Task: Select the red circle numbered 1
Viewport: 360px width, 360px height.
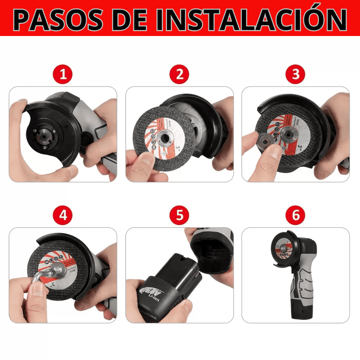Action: click(x=63, y=75)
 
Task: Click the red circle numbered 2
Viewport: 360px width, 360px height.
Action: click(x=180, y=75)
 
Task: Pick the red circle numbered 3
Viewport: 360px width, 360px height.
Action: click(x=296, y=75)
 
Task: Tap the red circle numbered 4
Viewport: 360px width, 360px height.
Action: click(x=63, y=216)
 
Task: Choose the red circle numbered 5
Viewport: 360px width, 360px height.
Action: click(x=180, y=216)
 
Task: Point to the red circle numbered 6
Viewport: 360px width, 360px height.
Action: click(x=296, y=216)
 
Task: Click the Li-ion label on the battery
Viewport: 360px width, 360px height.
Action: click(x=154, y=295)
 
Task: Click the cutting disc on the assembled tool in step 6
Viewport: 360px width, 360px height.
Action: click(x=282, y=248)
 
